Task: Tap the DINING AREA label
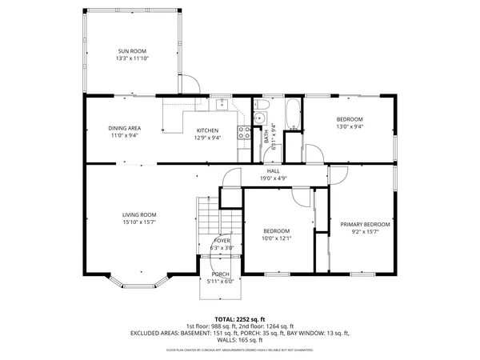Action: (124, 128)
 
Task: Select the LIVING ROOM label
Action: (138, 214)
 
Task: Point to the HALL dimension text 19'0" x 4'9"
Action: (274, 178)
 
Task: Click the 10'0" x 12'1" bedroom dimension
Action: (278, 238)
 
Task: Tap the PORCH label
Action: (220, 274)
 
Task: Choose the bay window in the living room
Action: (139, 281)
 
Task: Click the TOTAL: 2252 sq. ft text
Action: (240, 318)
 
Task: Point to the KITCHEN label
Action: (208, 130)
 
